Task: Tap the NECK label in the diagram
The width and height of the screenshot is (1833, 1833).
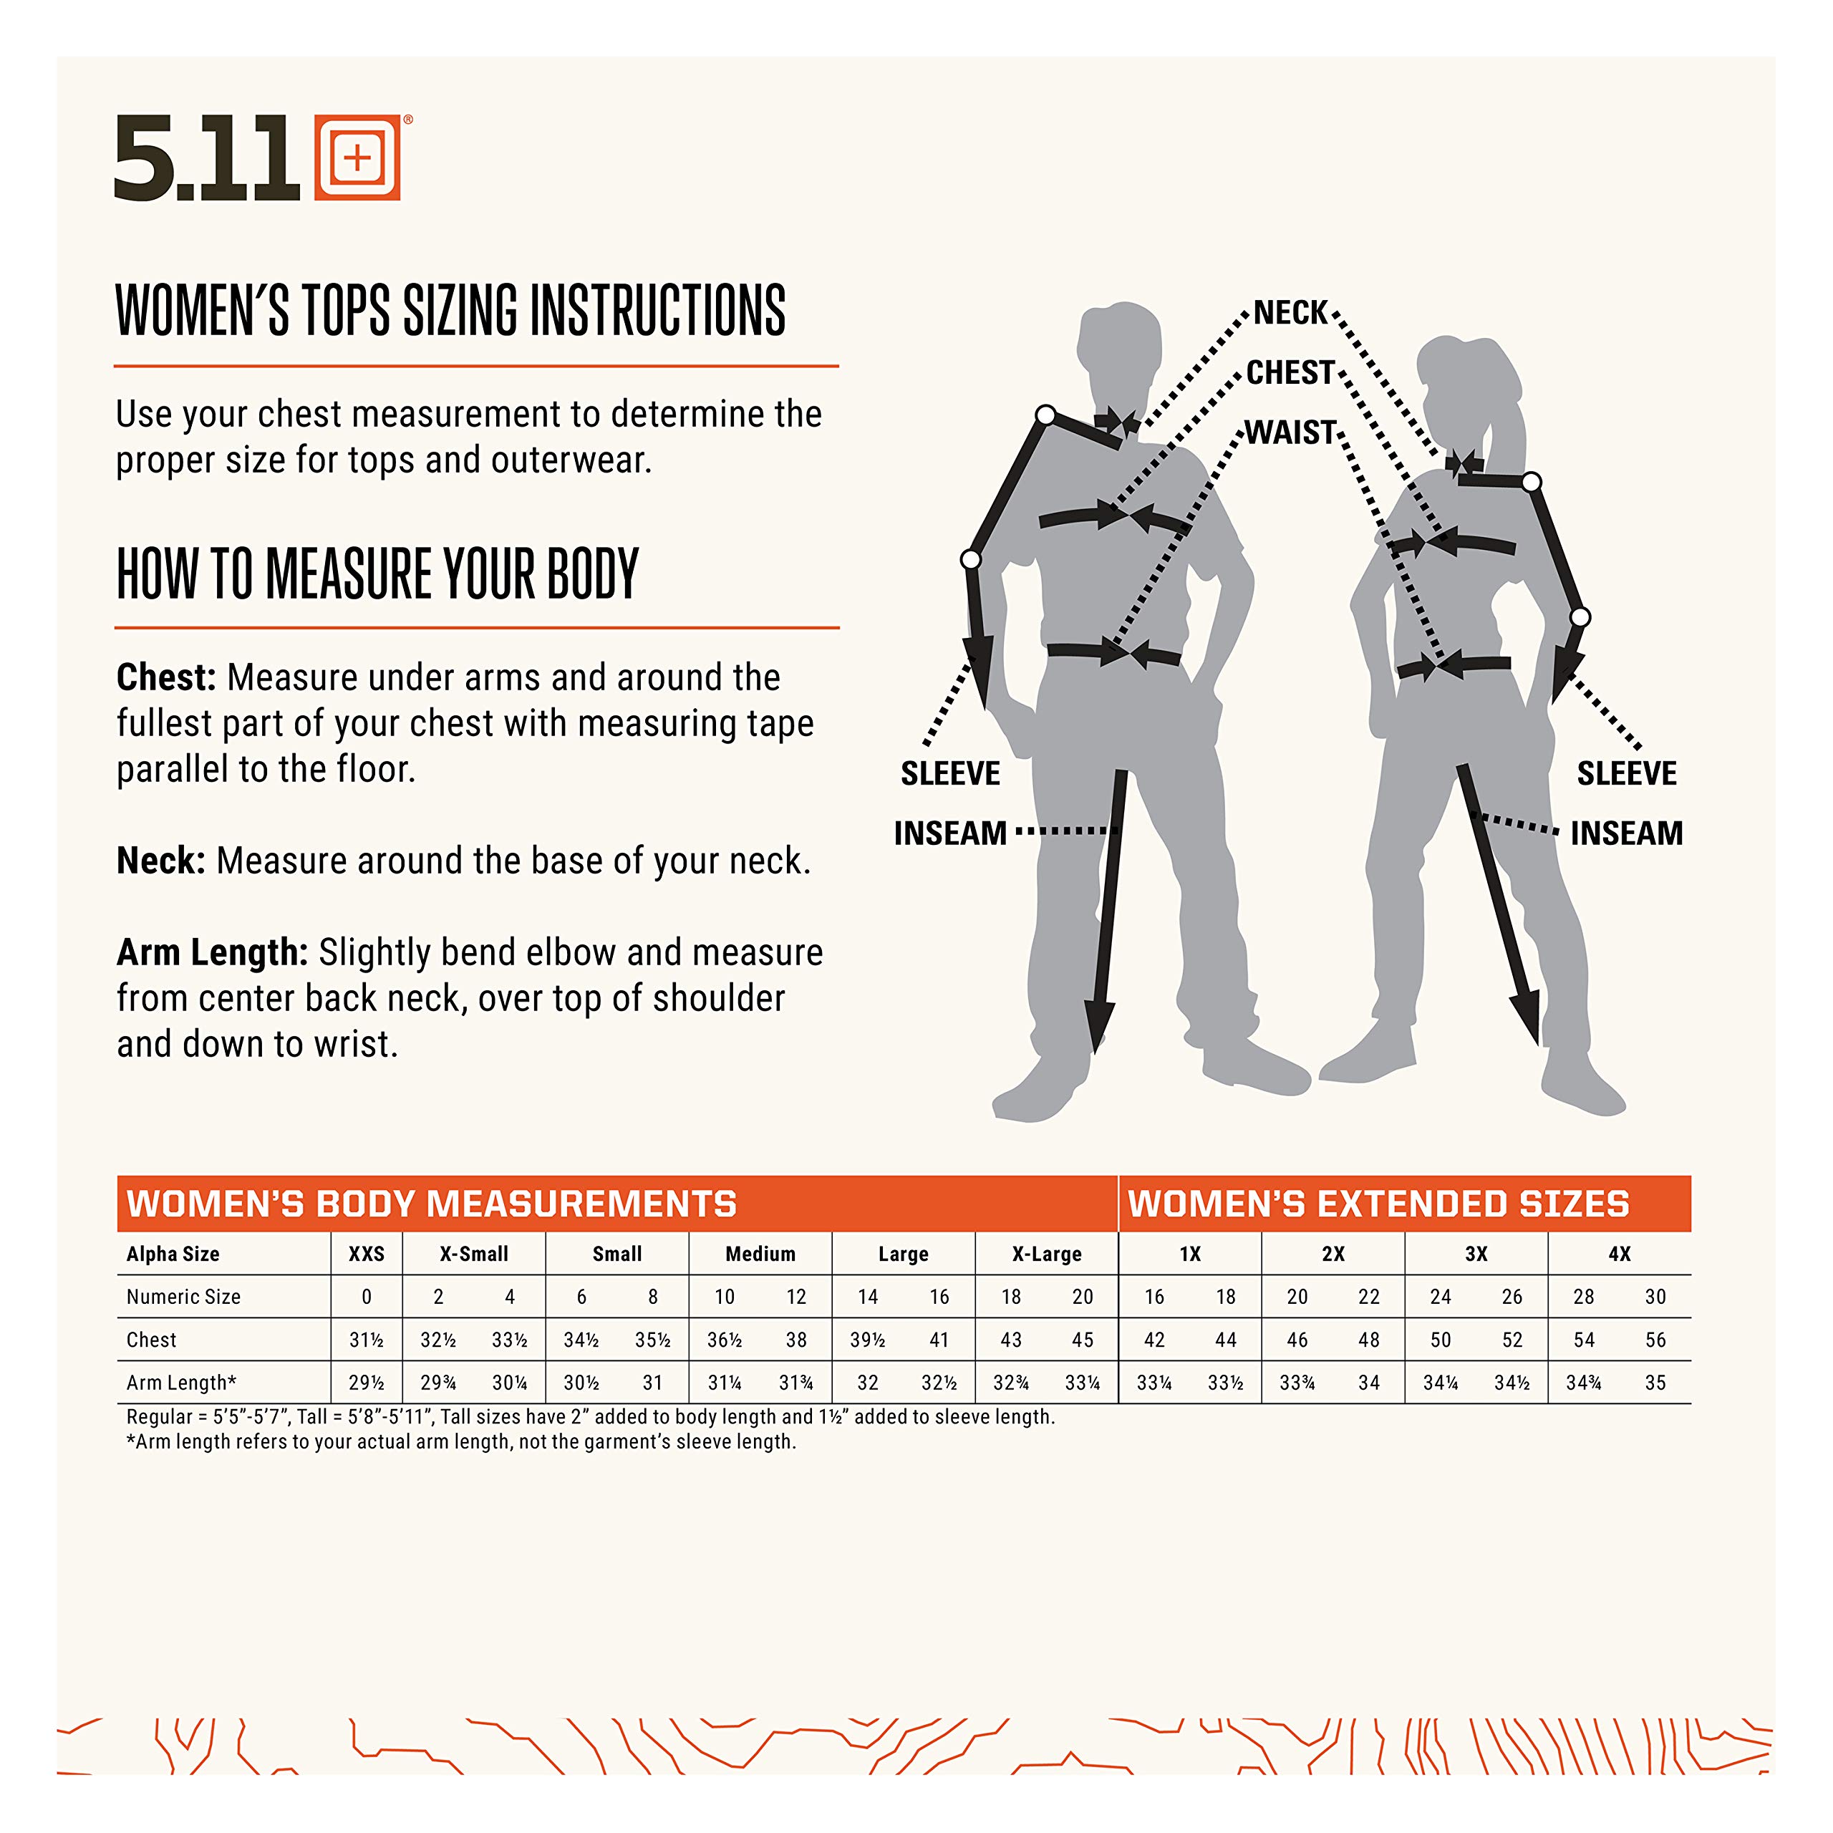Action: (1290, 312)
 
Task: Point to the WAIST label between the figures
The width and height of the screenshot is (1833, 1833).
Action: (1290, 432)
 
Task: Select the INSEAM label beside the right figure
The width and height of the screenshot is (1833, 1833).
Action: (1627, 833)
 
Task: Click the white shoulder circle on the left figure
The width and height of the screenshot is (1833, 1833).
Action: (1045, 415)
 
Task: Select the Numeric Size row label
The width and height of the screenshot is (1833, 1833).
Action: (184, 1297)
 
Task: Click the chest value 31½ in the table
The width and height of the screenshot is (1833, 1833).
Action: (366, 1340)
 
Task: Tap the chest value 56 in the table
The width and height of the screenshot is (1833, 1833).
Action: (1655, 1340)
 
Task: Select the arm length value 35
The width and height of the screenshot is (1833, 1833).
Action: (1655, 1383)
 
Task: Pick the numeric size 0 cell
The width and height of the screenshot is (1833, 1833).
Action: (366, 1297)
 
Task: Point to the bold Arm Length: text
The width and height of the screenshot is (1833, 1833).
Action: (213, 952)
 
